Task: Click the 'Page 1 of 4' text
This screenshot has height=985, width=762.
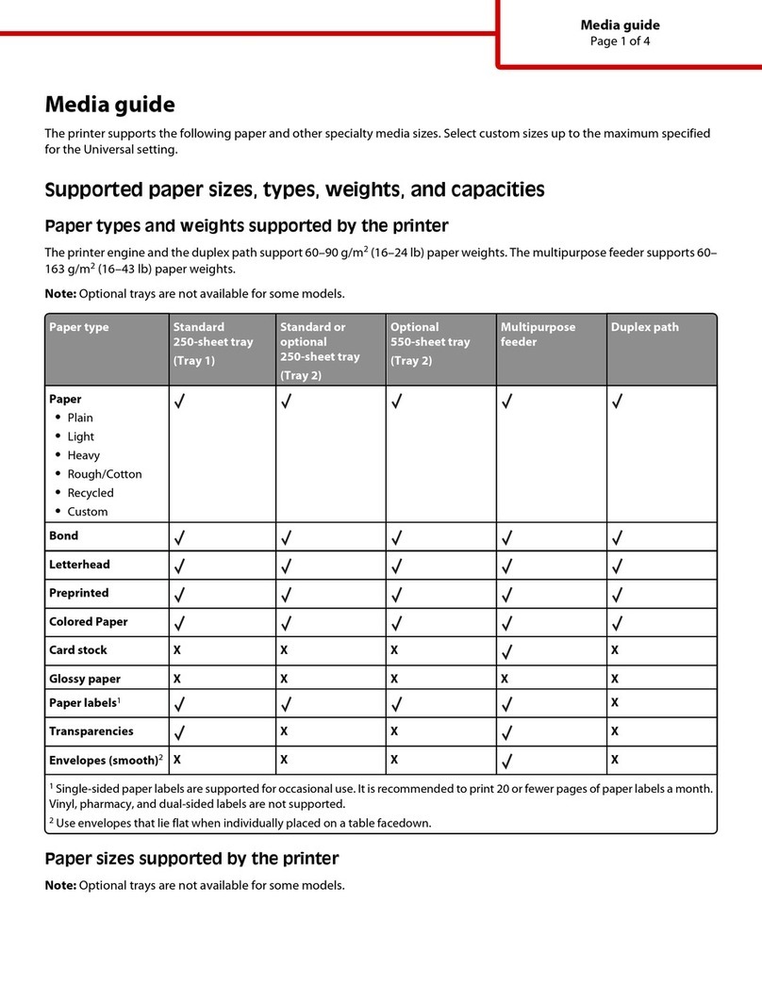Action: coord(620,41)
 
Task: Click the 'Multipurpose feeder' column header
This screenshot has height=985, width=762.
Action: coord(537,335)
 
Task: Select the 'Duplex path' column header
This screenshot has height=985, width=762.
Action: coord(644,327)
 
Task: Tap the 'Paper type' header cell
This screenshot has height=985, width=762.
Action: coord(78,327)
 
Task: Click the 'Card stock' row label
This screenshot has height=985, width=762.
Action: coord(78,650)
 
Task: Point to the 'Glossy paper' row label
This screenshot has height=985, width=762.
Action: coord(85,679)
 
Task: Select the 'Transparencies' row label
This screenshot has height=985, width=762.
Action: coord(91,731)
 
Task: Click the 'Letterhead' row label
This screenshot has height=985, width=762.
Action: coord(79,565)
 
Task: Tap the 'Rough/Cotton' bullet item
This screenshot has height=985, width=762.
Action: coord(105,474)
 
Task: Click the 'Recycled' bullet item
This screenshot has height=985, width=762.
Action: coord(91,493)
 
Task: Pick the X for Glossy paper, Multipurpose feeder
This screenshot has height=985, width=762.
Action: coord(505,679)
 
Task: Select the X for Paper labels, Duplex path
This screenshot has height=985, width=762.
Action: coord(615,702)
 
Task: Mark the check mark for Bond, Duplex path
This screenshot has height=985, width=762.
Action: coord(619,538)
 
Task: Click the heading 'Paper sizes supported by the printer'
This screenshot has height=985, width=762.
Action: coord(191,859)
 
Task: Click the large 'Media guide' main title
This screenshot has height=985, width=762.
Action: coord(110,105)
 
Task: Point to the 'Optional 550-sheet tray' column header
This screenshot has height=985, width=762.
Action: coord(429,343)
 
